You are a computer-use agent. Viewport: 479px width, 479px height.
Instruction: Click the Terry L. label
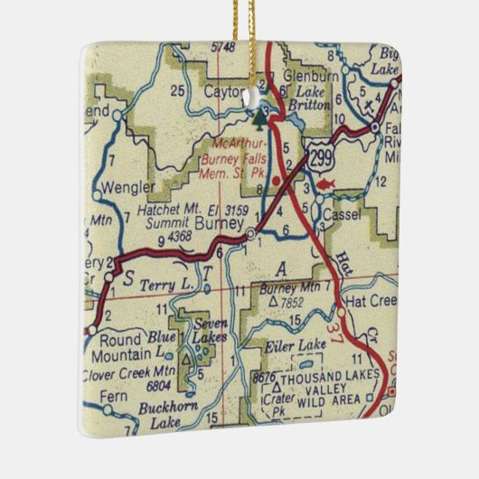(x=169, y=285)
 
